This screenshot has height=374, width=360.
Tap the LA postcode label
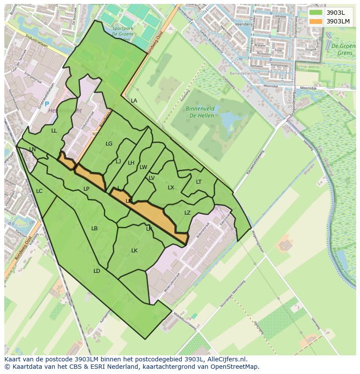coord(134,101)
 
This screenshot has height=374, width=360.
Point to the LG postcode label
coord(109,144)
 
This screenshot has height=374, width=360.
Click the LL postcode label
coord(54,131)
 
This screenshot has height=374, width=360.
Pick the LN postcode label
coord(33,149)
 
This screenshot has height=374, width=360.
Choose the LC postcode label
coord(39,191)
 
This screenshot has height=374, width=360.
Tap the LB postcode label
coord(94,228)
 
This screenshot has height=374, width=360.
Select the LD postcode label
coord(97,271)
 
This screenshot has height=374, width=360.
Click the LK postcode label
coord(134,251)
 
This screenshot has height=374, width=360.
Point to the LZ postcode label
coord(187,213)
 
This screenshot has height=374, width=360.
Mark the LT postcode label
coord(199,182)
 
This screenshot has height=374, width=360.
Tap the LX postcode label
coord(171,188)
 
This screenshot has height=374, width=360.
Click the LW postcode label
coord(143,167)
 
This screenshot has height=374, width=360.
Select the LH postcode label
coord(131,163)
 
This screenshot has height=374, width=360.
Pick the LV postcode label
coord(152,178)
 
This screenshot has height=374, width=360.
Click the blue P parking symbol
coord(47,105)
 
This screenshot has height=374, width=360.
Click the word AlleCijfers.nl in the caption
coord(227,359)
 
